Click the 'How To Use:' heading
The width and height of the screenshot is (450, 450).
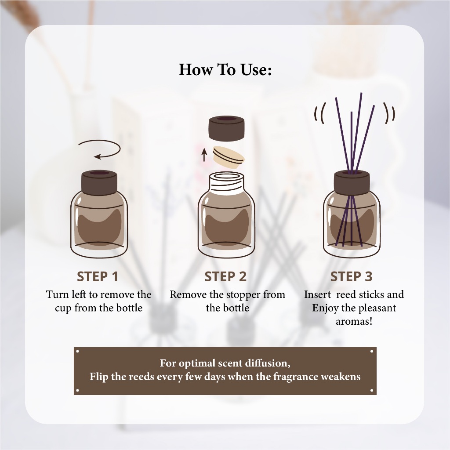coord(225,70)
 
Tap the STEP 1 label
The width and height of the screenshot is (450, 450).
coord(98,277)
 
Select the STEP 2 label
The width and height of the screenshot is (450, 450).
coord(225,277)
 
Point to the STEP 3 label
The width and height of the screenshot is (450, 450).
coord(351,277)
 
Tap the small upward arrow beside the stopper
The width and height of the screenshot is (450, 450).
coord(204,155)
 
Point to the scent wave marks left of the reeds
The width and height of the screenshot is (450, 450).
coord(319,114)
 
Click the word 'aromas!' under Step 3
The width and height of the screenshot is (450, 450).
coord(354,321)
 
